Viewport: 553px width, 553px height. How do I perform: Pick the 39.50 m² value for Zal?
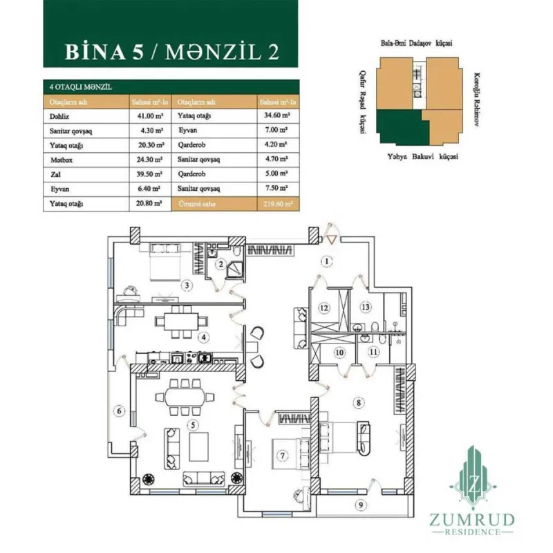tap(149, 174)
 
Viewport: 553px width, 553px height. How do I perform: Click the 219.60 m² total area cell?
tap(276, 204)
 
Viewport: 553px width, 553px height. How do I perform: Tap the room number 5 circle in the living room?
tap(194, 424)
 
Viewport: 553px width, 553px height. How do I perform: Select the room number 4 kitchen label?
tap(203, 337)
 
